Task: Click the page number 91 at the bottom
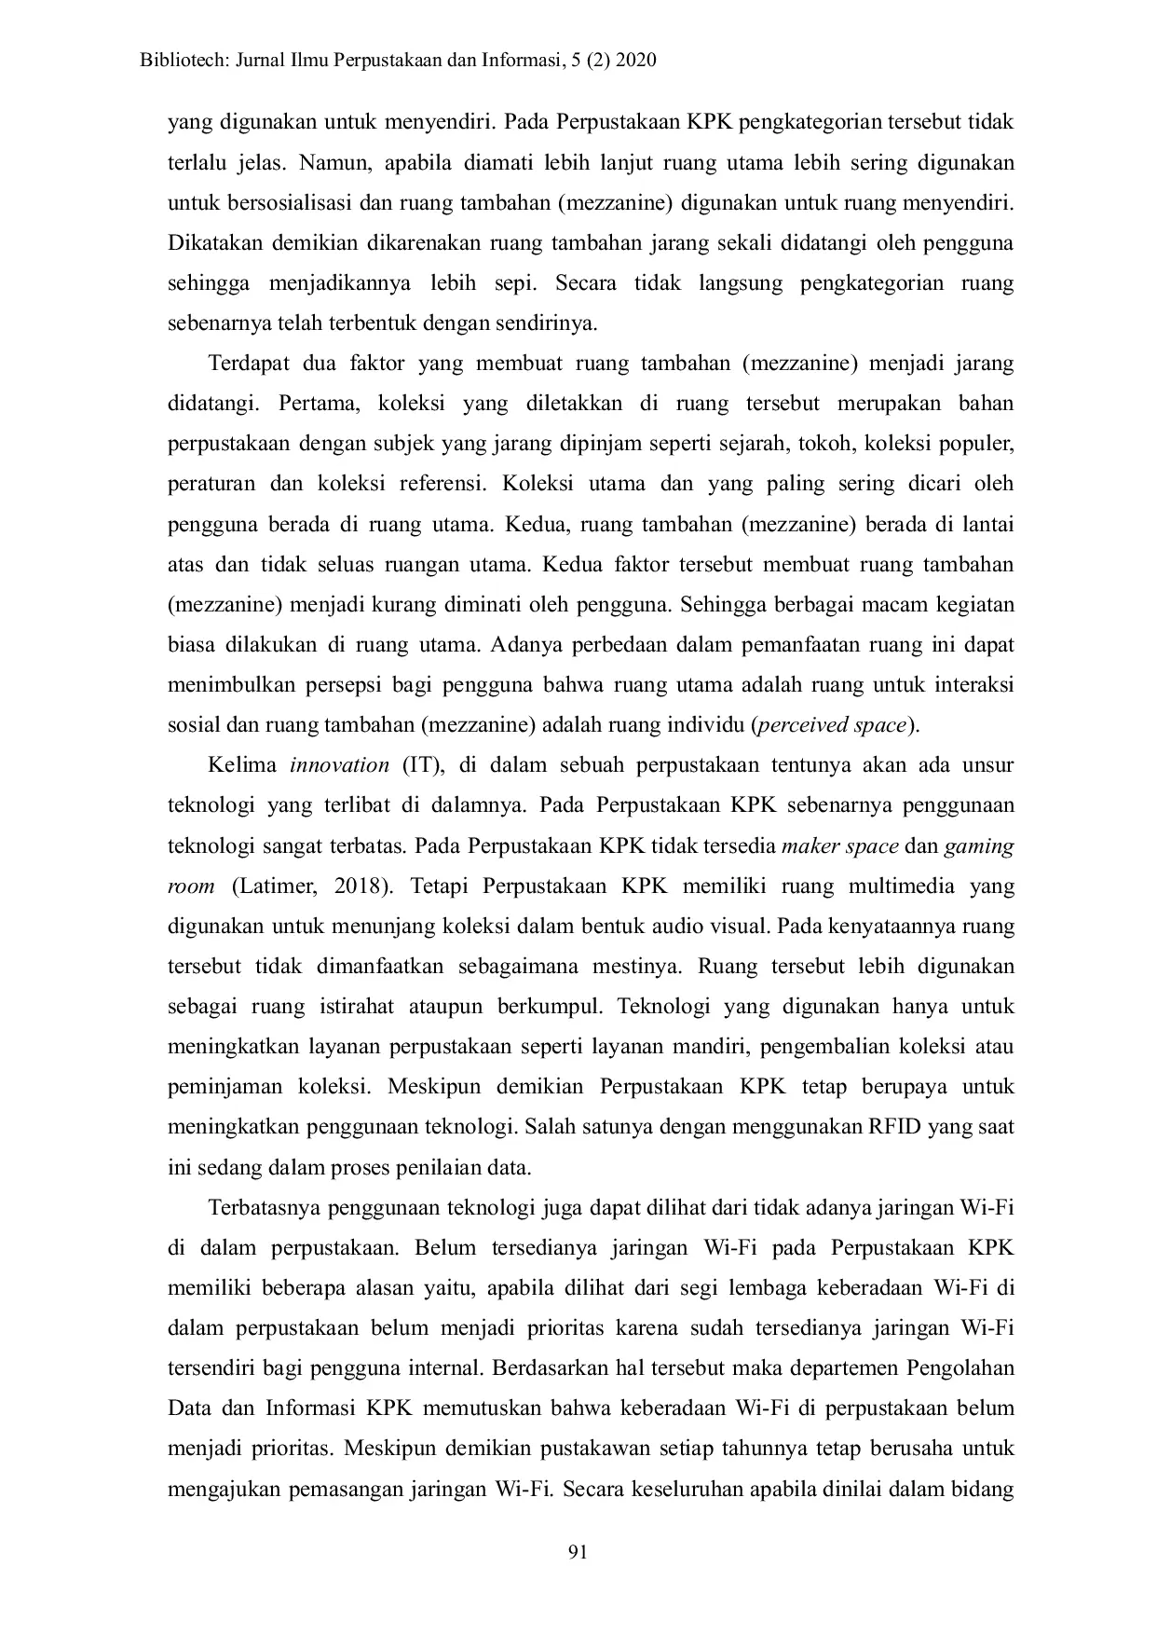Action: point(578,1551)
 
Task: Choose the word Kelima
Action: point(242,765)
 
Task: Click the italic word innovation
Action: point(339,765)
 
